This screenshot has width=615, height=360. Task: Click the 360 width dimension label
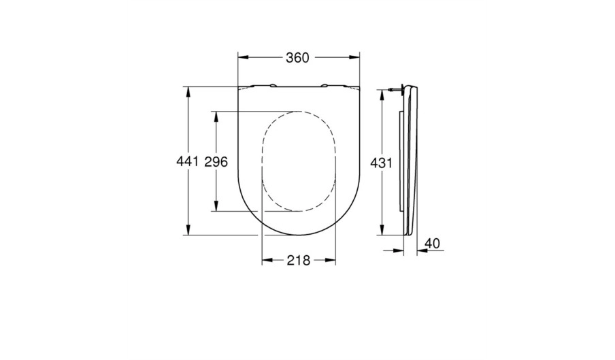tap(297, 58)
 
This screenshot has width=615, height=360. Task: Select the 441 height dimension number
tap(188, 161)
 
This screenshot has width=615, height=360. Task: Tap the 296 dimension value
tap(216, 161)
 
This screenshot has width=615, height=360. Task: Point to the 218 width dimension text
tap(299, 260)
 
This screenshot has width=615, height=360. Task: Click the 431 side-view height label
tap(381, 163)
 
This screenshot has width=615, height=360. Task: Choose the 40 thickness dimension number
tap(432, 244)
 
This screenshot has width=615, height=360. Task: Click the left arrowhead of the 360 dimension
tap(244, 58)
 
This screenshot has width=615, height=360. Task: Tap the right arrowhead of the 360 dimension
tap(354, 58)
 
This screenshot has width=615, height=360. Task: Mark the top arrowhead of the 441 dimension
tap(188, 92)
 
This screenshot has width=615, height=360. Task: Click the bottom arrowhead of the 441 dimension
tap(188, 230)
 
